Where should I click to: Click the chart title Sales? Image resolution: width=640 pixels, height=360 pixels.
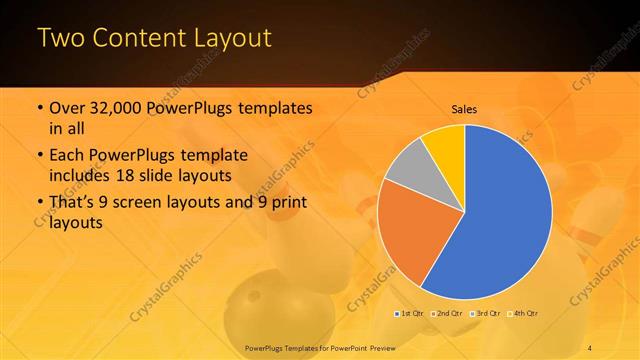pos(465,108)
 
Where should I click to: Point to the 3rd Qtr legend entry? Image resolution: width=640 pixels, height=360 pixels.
pos(489,313)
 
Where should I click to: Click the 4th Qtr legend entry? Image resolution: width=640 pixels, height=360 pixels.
pos(527,313)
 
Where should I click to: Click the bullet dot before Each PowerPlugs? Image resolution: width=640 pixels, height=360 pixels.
pos(39,156)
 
